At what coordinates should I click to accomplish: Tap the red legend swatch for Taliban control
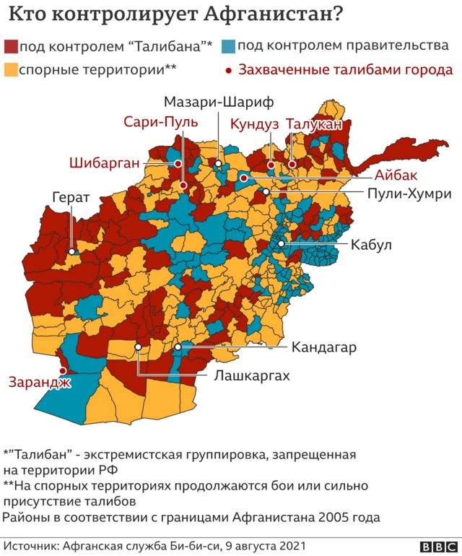pyautogui.click(x=10, y=47)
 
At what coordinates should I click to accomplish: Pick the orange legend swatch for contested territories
pyautogui.click(x=10, y=70)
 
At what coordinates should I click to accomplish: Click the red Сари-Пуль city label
pyautogui.click(x=160, y=121)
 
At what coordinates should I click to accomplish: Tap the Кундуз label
pyautogui.click(x=254, y=124)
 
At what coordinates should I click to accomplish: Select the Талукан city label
pyautogui.click(x=313, y=124)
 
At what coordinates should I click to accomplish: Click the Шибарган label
pyautogui.click(x=104, y=162)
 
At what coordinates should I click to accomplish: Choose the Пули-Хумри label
pyautogui.click(x=409, y=194)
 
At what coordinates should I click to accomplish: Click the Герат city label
pyautogui.click(x=71, y=196)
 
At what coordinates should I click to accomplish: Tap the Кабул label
pyautogui.click(x=371, y=245)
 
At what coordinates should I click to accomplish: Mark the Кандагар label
pyautogui.click(x=325, y=348)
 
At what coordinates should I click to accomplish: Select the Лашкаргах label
pyautogui.click(x=252, y=376)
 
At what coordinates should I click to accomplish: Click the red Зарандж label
pyautogui.click(x=40, y=382)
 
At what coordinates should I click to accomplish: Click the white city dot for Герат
pyautogui.click(x=73, y=252)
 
